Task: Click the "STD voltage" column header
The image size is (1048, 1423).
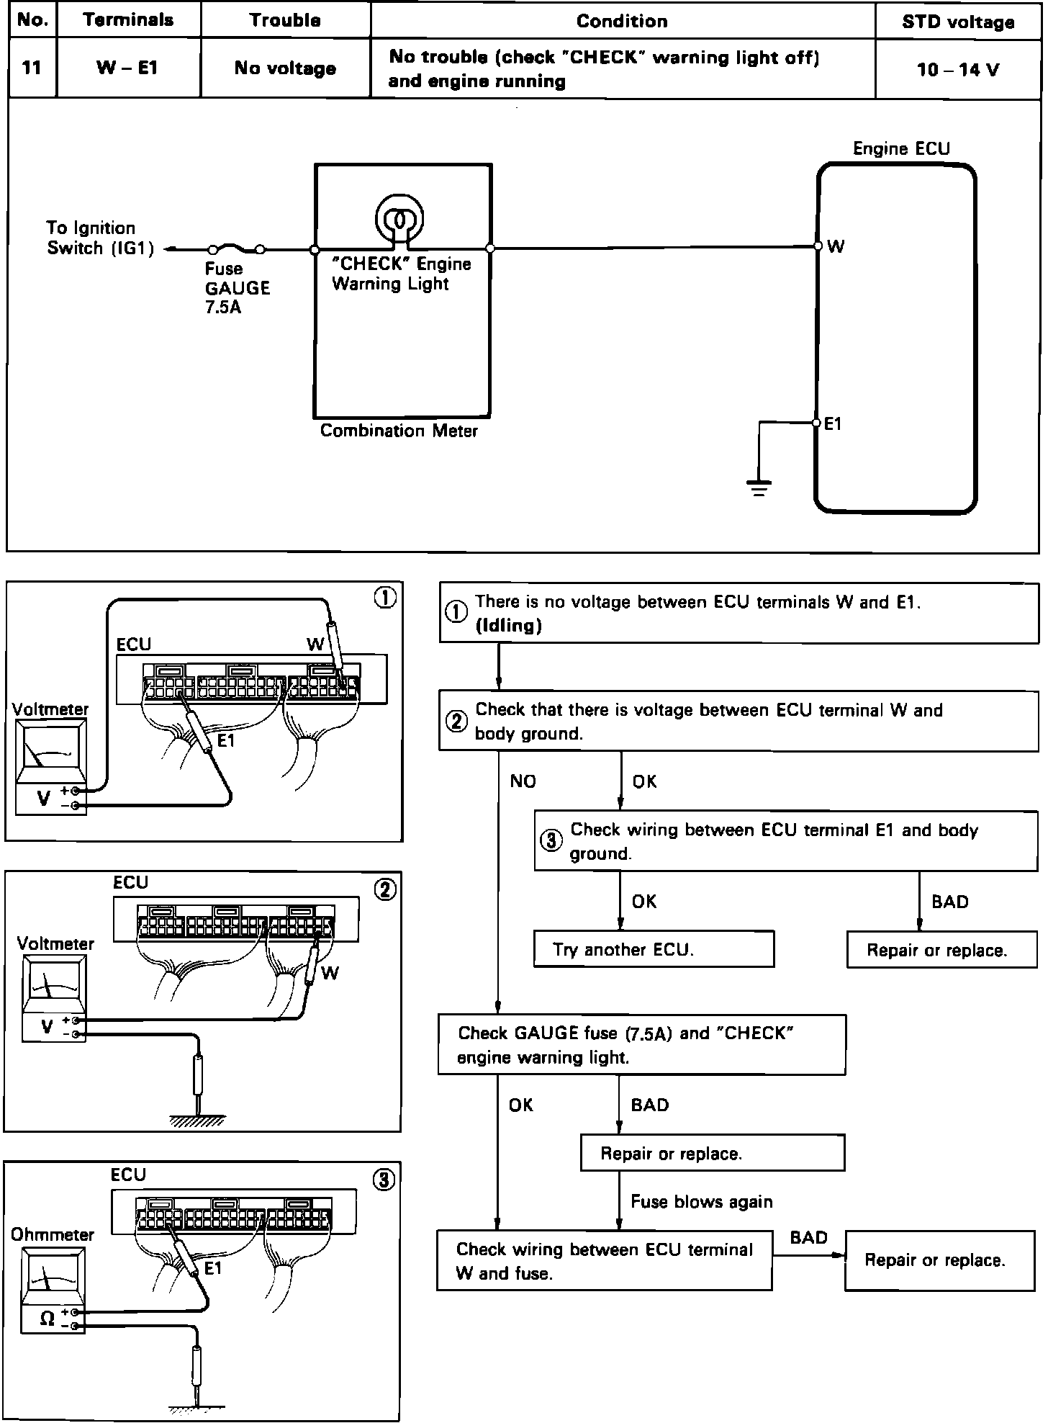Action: [958, 22]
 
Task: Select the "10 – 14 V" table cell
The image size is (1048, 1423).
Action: [958, 70]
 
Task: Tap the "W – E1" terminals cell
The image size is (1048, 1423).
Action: [127, 68]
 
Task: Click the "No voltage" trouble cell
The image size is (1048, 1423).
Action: [285, 68]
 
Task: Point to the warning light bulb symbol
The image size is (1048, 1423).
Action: [399, 217]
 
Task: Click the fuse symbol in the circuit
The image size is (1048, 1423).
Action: [236, 249]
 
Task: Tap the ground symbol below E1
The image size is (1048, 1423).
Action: [759, 488]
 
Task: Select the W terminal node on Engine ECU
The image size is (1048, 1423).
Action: [818, 246]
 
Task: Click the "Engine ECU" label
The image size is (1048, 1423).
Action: [901, 149]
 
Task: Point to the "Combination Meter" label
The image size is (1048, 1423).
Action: [399, 431]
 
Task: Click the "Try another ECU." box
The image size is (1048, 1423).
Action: [654, 949]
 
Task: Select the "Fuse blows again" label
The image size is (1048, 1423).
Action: [701, 1201]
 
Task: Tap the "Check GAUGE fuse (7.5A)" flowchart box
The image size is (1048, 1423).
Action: [642, 1045]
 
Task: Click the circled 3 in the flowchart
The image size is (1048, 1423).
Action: [551, 840]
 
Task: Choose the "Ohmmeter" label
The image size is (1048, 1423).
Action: [52, 1234]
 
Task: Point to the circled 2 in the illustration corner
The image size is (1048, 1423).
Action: [385, 890]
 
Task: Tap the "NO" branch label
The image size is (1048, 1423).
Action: [523, 781]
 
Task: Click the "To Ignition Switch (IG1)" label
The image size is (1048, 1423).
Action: [99, 238]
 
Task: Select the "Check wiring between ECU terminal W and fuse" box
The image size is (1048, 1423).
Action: [604, 1260]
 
